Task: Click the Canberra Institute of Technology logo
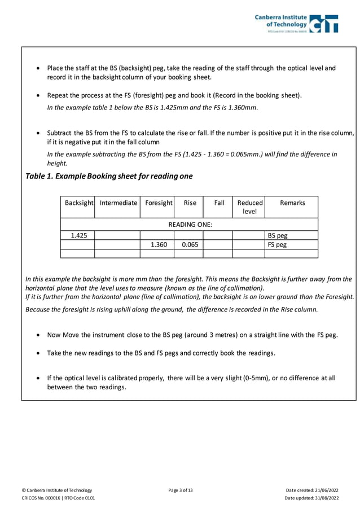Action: click(x=297, y=23)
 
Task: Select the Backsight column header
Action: click(x=78, y=203)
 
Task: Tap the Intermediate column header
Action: click(x=117, y=203)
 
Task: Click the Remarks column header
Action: click(x=292, y=203)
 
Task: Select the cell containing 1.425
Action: click(x=78, y=235)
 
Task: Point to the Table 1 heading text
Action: click(x=109, y=176)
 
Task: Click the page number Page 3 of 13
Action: click(x=180, y=490)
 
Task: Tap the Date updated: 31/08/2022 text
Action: click(x=311, y=498)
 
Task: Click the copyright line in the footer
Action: click(x=56, y=490)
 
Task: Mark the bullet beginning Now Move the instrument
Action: click(x=192, y=335)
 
